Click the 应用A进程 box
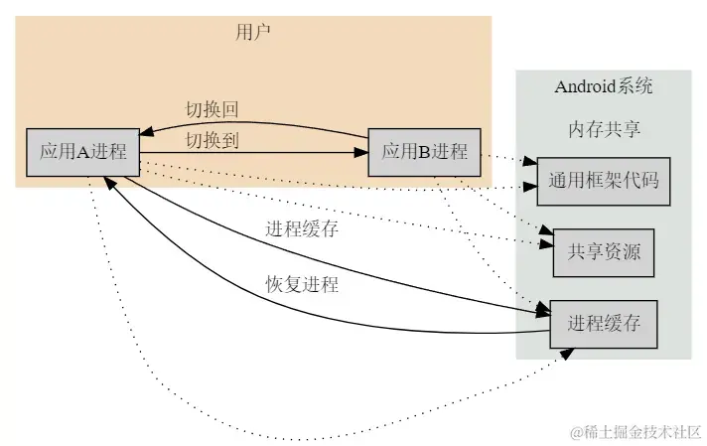tap(82, 152)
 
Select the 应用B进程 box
tap(424, 152)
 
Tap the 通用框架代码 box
tap(604, 181)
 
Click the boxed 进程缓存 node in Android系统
tap(604, 324)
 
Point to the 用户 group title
tap(253, 32)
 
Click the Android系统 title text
tap(603, 86)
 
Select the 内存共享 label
tap(603, 130)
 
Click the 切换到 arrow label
tap(212, 140)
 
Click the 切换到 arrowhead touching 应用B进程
tap(360, 152)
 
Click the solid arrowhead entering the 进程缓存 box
tap(542, 311)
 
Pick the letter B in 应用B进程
tap(424, 152)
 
